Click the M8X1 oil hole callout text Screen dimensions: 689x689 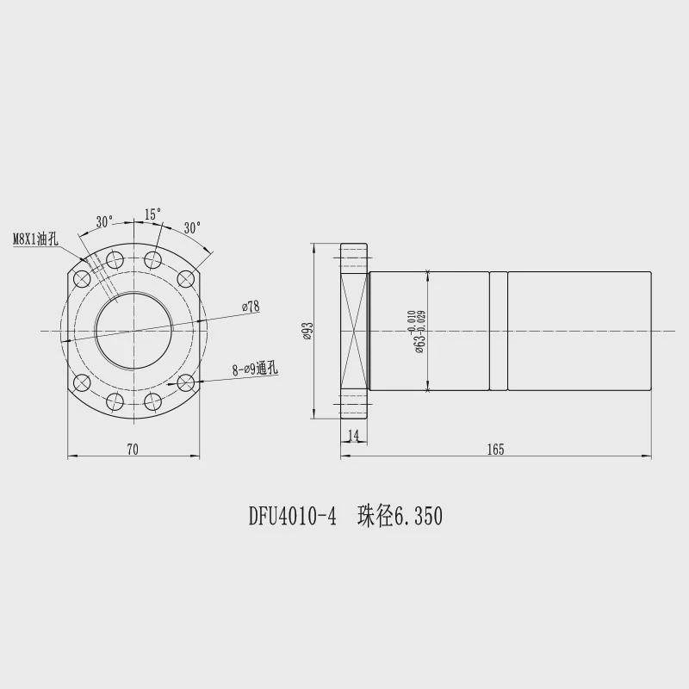[x=35, y=239]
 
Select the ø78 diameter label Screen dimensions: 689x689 [x=251, y=306]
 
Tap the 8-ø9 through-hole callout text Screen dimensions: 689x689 [x=255, y=369]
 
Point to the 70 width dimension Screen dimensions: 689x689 [x=133, y=448]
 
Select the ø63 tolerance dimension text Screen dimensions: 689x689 [x=417, y=331]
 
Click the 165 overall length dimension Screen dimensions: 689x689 [x=494, y=448]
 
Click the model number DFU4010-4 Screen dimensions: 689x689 [x=292, y=517]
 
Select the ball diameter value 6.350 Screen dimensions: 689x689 [x=418, y=517]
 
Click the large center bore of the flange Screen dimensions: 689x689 [x=133, y=331]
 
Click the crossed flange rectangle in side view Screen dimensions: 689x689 [x=355, y=331]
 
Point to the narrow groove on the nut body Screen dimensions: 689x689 [x=499, y=331]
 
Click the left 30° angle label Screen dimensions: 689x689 [x=104, y=221]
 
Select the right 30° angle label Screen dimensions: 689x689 [x=192, y=227]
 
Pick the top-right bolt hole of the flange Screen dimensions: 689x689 [x=185, y=278]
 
